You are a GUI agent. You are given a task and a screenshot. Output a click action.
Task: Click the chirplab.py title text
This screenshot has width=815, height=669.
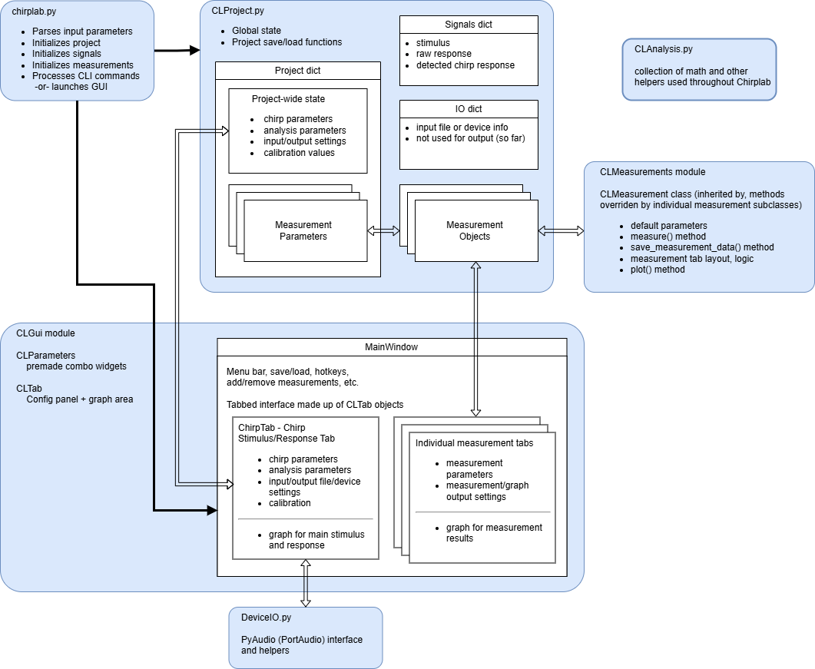[x=35, y=12]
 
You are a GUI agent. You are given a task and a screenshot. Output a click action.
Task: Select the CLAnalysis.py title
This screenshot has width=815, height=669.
[x=663, y=48]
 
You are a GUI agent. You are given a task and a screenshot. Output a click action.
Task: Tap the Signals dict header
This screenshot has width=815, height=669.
[x=469, y=25]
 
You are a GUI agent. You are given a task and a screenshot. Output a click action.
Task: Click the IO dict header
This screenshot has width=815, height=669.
[x=469, y=109]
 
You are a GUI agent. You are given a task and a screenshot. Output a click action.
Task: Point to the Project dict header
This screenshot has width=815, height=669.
[x=298, y=71]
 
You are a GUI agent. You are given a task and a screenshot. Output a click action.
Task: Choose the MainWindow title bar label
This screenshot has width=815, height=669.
[x=391, y=347]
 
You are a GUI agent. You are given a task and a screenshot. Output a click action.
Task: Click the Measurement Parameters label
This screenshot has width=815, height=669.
[x=303, y=230]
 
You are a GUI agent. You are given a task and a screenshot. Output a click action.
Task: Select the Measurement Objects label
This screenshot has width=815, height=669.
[x=475, y=230]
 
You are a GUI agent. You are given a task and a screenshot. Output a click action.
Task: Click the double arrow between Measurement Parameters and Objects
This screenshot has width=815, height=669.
[x=384, y=230]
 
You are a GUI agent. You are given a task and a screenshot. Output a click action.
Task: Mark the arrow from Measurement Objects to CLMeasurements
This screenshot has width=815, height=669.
[x=561, y=230]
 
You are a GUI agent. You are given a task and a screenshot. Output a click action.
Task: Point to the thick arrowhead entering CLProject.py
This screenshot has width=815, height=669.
[x=192, y=51]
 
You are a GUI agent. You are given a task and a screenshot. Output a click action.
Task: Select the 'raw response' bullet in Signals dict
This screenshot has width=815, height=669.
[x=444, y=54]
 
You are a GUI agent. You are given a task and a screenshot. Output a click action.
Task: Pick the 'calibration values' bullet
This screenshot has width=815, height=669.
[x=299, y=152]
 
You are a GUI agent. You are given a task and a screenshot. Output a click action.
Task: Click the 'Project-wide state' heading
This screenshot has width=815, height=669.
[x=288, y=99]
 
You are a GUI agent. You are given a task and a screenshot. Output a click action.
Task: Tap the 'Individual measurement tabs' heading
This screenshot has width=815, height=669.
[x=474, y=443]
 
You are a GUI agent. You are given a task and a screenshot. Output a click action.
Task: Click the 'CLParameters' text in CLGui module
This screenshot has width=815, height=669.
[x=46, y=356]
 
